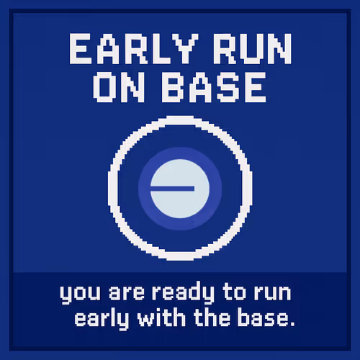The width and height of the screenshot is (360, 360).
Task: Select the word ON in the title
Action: pyautogui.click(x=117, y=88)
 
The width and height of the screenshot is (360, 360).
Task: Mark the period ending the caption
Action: pyautogui.click(x=291, y=323)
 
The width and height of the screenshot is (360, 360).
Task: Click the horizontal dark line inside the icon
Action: pyautogui.click(x=173, y=187)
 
